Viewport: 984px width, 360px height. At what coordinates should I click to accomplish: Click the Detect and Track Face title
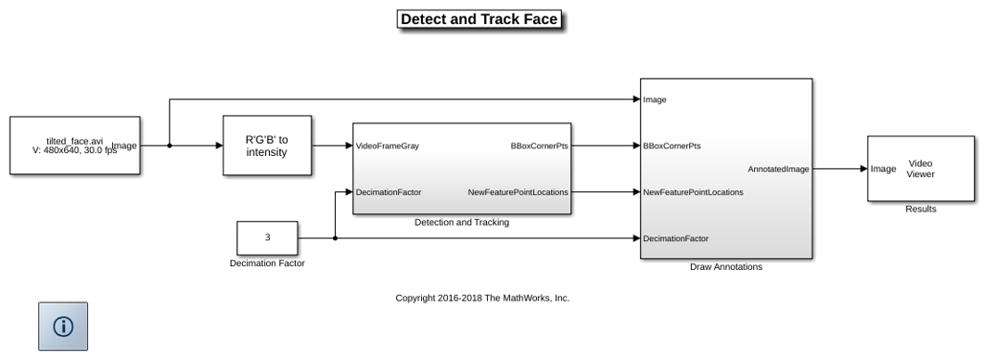[479, 19]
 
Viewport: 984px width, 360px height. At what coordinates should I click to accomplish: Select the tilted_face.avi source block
[75, 145]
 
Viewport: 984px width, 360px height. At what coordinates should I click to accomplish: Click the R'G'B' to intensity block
[267, 145]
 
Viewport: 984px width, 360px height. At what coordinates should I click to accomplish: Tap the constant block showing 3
[267, 238]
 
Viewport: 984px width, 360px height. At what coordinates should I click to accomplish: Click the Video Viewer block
[921, 168]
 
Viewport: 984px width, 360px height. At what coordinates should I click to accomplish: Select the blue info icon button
[63, 326]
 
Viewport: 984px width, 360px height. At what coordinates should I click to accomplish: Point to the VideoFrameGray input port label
[387, 146]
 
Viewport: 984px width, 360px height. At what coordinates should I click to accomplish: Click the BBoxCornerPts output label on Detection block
[540, 146]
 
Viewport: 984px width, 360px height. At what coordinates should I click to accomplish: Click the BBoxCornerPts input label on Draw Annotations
[671, 146]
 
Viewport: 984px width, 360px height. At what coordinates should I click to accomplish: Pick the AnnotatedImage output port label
[778, 169]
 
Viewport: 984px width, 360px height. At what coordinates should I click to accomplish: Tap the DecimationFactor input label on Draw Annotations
[675, 238]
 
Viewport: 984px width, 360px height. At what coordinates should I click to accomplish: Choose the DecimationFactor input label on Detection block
[389, 192]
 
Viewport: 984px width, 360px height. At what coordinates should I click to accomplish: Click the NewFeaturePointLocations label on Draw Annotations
[693, 192]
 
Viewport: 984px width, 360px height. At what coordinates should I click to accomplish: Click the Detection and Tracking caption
[462, 223]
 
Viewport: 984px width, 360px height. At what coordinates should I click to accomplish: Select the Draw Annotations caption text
[726, 267]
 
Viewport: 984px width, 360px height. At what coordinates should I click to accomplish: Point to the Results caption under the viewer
[921, 209]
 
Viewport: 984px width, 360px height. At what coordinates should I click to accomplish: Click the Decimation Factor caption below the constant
[267, 264]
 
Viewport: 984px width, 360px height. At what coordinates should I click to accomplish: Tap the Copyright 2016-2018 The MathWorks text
[482, 298]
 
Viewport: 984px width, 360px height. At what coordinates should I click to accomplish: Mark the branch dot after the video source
[170, 146]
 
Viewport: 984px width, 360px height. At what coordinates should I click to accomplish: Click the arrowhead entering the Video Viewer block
[863, 168]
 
